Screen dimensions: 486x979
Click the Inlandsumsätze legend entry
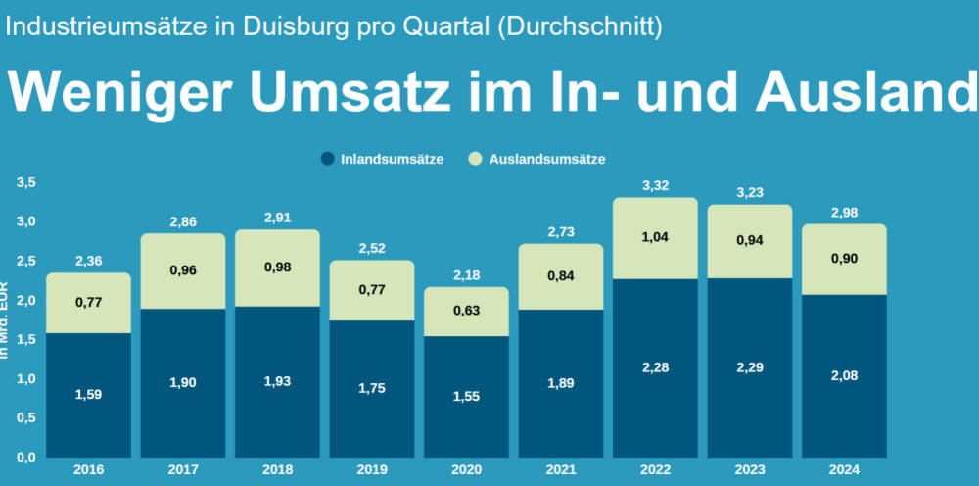382,158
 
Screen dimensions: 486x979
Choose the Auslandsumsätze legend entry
537,158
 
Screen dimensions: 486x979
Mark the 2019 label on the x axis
372,470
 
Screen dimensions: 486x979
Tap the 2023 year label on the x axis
749,470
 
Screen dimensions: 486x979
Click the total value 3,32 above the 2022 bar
655,185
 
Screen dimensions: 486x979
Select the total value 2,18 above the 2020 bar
467,274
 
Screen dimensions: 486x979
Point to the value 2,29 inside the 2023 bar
749,367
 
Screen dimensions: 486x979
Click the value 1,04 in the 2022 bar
655,236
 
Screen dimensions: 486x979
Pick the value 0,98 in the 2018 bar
278,267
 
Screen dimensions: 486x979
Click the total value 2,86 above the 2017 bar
183,221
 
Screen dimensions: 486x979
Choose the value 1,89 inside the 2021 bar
561,382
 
